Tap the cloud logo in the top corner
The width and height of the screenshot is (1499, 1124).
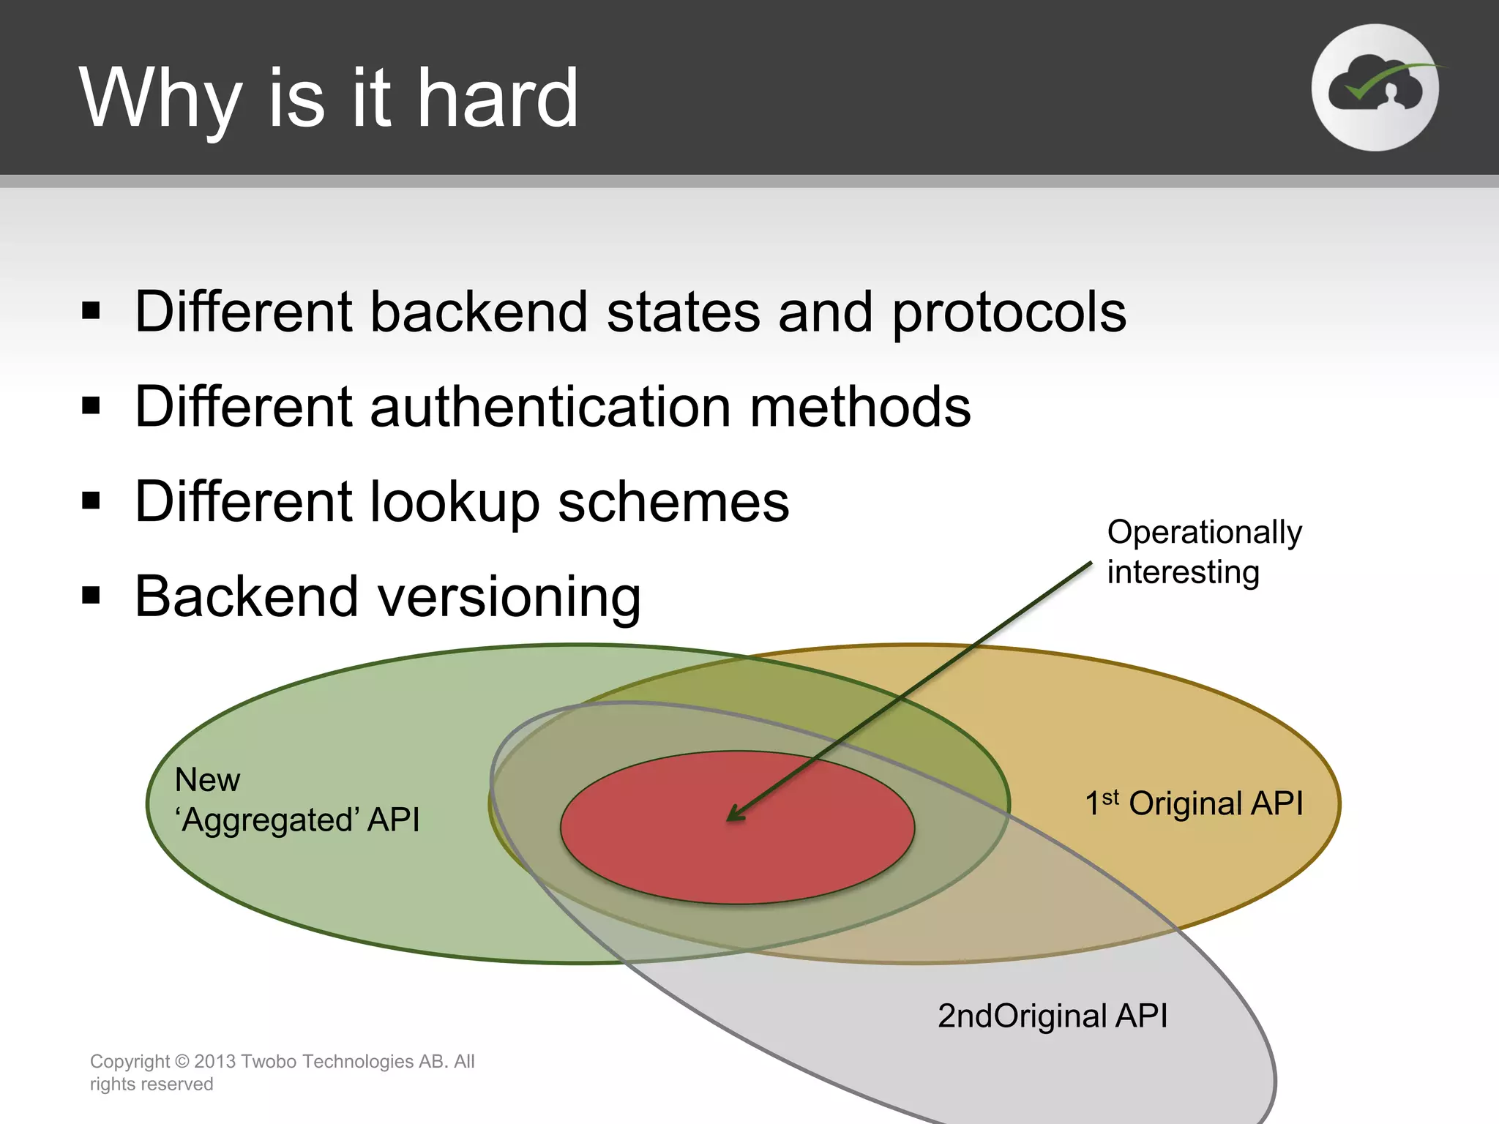pos(1375,88)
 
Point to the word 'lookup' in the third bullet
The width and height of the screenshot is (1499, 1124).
pos(454,503)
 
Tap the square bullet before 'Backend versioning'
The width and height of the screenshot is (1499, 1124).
pos(91,596)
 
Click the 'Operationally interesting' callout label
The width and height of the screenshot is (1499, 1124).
pos(1203,552)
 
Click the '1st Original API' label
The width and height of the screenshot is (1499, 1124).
pos(1194,803)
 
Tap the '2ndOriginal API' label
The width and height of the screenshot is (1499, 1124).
pos(1052,1016)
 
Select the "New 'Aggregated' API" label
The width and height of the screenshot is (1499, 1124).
pos(296,800)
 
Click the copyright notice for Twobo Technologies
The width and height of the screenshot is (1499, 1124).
pos(282,1072)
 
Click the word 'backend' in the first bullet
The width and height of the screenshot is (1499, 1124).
pos(479,313)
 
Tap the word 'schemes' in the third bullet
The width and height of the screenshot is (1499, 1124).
pos(673,502)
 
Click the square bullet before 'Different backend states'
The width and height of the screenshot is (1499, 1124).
pos(91,310)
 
